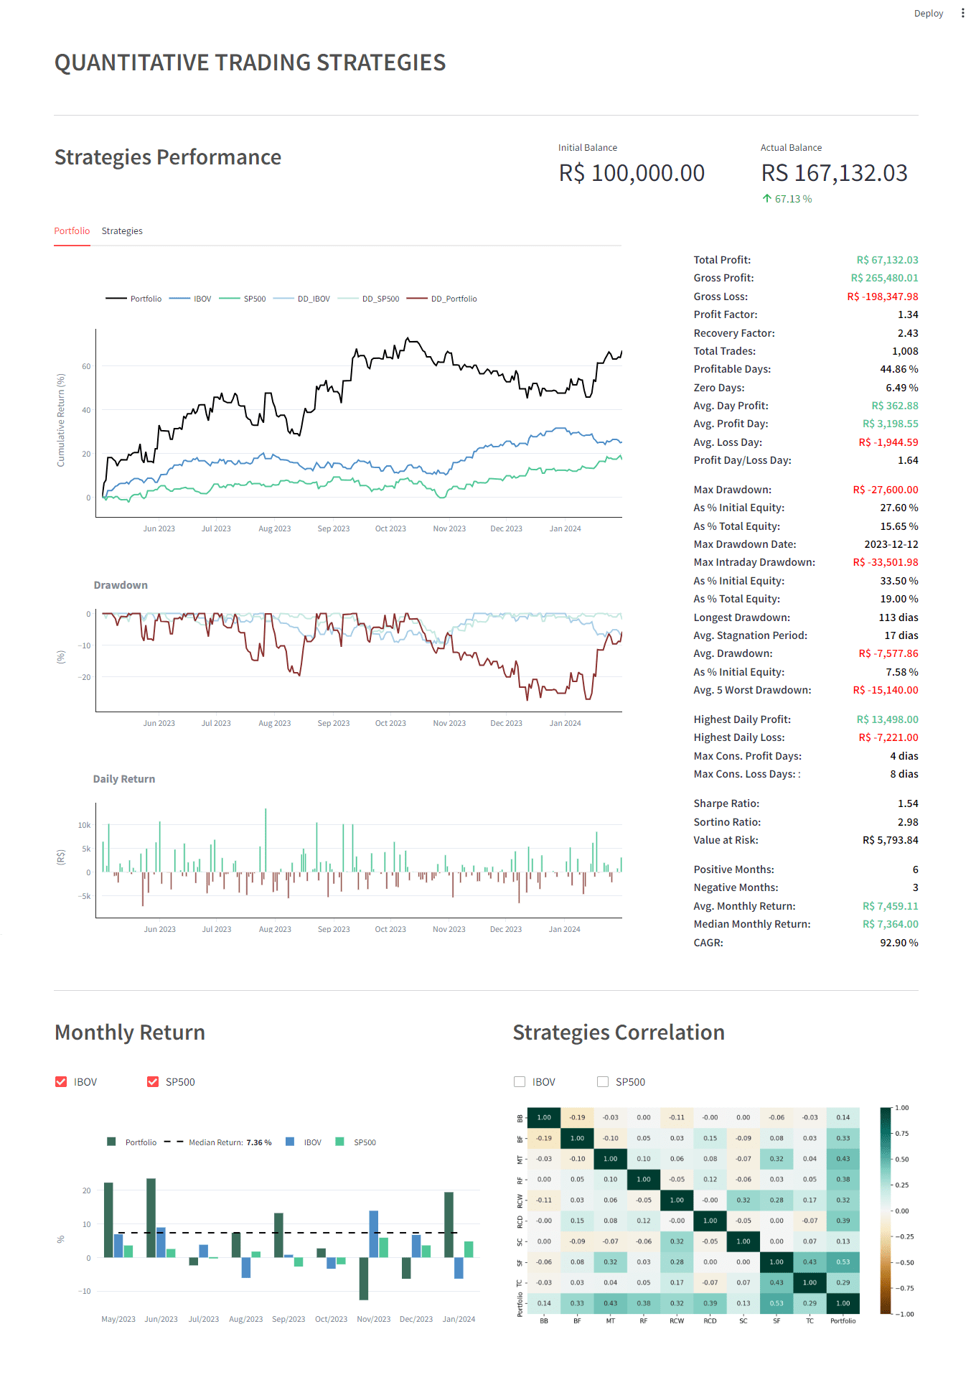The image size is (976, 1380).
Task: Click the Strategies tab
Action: pos(122,231)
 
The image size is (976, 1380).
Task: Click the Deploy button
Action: pos(928,14)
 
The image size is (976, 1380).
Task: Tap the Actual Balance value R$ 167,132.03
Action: pos(834,173)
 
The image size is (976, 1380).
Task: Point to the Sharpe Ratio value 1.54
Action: pos(907,803)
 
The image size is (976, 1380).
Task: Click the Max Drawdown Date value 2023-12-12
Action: pos(891,544)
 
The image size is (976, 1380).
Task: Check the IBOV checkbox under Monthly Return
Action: pos(61,1082)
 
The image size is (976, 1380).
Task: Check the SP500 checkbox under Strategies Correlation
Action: pos(603,1082)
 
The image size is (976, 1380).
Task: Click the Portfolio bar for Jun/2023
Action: pos(151,1218)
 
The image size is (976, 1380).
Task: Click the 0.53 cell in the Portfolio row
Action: pos(776,1303)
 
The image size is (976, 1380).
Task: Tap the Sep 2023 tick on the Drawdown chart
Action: pos(334,724)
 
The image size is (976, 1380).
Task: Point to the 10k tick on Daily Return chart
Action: pos(85,825)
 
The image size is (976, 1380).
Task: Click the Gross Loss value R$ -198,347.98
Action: pos(882,297)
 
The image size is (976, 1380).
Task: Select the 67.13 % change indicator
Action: pos(787,199)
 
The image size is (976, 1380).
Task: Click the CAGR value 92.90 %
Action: pos(898,943)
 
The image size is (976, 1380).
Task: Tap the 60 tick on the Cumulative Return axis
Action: pos(86,366)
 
